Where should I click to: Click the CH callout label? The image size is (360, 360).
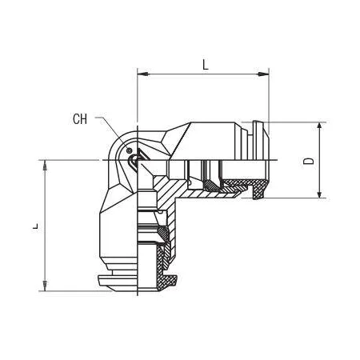pyautogui.click(x=80, y=119)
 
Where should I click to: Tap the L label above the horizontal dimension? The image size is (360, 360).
pyautogui.click(x=205, y=65)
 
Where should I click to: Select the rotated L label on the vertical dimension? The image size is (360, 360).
pyautogui.click(x=35, y=226)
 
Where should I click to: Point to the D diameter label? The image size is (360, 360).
pyautogui.click(x=309, y=161)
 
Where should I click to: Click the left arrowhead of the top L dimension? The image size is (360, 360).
pyautogui.click(x=143, y=74)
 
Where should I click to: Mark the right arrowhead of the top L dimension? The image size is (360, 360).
pyautogui.click(x=263, y=74)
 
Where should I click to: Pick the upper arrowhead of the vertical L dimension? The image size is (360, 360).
pyautogui.click(x=45, y=166)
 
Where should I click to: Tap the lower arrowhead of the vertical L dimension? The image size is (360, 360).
pyautogui.click(x=45, y=286)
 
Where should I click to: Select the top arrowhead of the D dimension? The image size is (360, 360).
pyautogui.click(x=319, y=128)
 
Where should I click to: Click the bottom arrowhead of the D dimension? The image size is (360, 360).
pyautogui.click(x=319, y=193)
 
